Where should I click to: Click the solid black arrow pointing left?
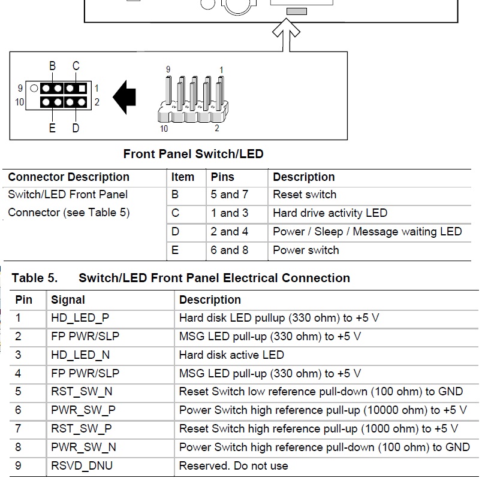coord(125,97)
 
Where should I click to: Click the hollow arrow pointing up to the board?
coord(286,34)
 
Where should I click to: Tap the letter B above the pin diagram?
coord(53,66)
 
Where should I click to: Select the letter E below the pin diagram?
coord(52,128)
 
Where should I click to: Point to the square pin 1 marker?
coord(82,89)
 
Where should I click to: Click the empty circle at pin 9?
coord(34,89)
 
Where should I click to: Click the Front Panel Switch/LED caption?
coord(194,154)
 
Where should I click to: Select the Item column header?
coord(183,177)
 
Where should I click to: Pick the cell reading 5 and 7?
coord(230,195)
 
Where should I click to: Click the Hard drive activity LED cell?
coord(330,213)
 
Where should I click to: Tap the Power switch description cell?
coord(306,250)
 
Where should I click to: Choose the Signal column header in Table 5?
coord(68,300)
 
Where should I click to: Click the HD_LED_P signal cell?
coord(80,318)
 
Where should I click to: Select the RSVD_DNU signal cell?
coord(82,465)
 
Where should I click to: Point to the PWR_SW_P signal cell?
coord(83,410)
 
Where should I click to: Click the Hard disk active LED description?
coord(231,355)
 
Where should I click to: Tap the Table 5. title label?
coord(35,278)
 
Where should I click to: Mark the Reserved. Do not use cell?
coord(234,465)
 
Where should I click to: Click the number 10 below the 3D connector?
coord(164,129)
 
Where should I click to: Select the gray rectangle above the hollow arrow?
coord(297,11)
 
